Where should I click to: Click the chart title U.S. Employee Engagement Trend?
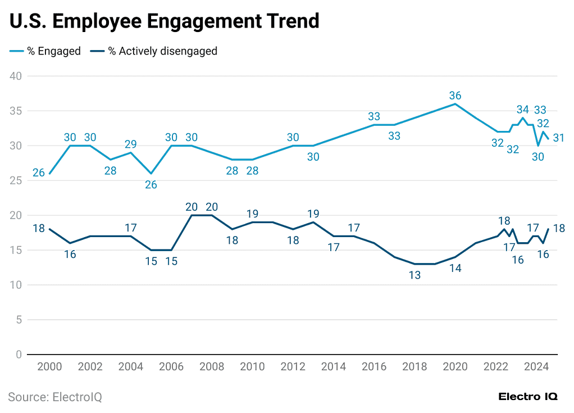click(164, 21)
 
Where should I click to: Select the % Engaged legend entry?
click(45, 51)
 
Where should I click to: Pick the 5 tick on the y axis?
click(18, 320)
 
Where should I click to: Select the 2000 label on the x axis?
click(49, 367)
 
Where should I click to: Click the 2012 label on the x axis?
click(293, 367)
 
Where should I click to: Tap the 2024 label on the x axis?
click(536, 367)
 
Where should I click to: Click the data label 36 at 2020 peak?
click(455, 96)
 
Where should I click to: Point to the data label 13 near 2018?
click(414, 275)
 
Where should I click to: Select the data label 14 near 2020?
click(455, 269)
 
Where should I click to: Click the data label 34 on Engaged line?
click(523, 109)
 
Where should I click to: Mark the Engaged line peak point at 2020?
click(455, 104)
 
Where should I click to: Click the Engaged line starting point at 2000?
click(49, 174)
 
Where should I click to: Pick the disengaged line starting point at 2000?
click(49, 229)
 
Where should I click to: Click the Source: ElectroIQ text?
click(55, 397)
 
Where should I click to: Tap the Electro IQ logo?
click(527, 397)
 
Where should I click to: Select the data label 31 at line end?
click(559, 138)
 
